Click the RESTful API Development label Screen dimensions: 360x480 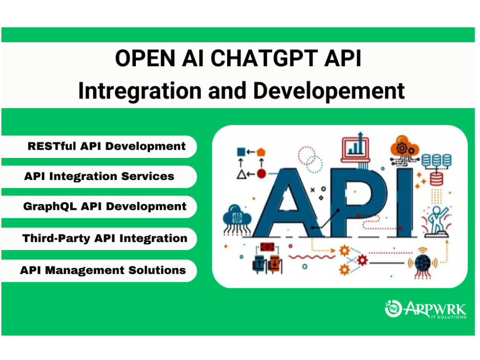point(107,146)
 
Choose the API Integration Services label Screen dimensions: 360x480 point(99,176)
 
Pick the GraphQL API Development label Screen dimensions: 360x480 point(105,206)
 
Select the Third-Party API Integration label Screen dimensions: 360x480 point(105,238)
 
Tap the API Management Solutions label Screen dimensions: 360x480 point(103,270)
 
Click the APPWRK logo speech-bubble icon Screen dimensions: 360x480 point(393,308)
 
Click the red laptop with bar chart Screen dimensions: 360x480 point(355,147)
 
